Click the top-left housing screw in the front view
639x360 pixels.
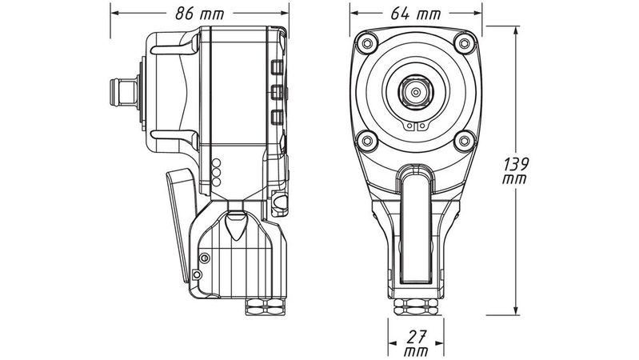click(367, 42)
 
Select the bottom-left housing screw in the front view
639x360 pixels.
click(367, 142)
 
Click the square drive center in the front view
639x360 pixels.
click(415, 92)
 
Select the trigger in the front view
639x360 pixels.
click(415, 228)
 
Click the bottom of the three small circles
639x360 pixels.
click(215, 182)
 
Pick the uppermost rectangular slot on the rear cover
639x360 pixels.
click(276, 66)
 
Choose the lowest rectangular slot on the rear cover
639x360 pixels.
click(276, 118)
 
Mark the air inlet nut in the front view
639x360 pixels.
click(415, 307)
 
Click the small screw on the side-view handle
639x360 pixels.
click(205, 258)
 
